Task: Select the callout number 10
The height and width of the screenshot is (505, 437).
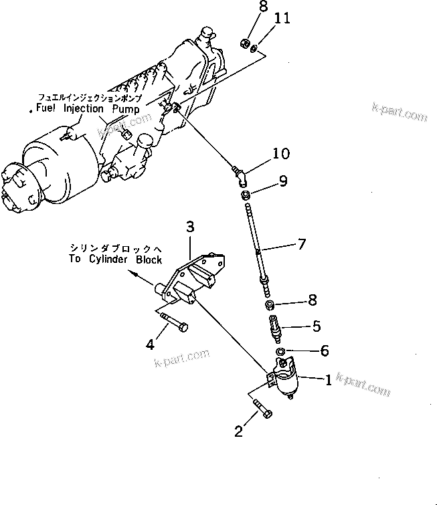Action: point(281,154)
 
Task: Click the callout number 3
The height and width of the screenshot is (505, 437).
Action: point(189,229)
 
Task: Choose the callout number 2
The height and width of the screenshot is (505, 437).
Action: point(238,431)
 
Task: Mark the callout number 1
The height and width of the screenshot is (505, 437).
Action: point(328,381)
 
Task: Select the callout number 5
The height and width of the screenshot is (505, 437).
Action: point(317,326)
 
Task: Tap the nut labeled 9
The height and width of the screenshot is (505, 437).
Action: point(246,195)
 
